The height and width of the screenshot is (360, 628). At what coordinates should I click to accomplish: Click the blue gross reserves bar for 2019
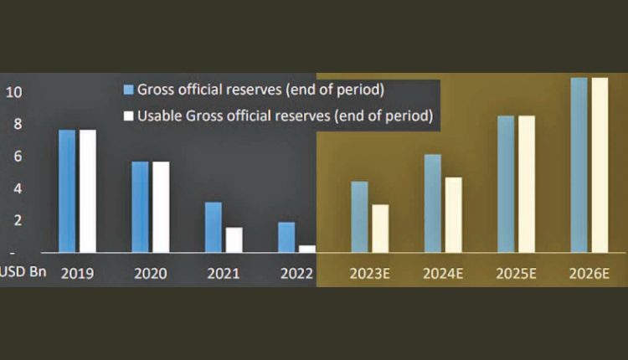point(67,191)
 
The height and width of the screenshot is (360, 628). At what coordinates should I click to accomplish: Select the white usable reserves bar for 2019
point(87,191)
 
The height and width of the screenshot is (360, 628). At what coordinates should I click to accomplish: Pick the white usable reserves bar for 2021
point(234,239)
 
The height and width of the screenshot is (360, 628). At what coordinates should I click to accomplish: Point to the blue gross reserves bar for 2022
point(286,237)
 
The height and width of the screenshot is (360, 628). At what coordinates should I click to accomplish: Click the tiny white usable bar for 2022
point(306,249)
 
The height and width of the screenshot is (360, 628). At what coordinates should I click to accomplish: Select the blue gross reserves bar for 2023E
point(359,217)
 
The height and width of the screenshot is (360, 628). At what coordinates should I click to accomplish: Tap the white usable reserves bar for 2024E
point(453,214)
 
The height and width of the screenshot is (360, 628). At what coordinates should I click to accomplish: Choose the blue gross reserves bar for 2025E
point(506,183)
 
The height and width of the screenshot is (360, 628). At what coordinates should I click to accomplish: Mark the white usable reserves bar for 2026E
point(600,165)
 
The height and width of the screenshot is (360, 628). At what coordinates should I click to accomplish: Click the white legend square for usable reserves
point(128,116)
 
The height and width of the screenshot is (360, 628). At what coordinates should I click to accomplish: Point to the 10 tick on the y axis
point(12,91)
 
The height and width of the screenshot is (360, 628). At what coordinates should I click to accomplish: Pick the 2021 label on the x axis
point(224,274)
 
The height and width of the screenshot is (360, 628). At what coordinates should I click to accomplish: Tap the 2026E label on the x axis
point(589,274)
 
